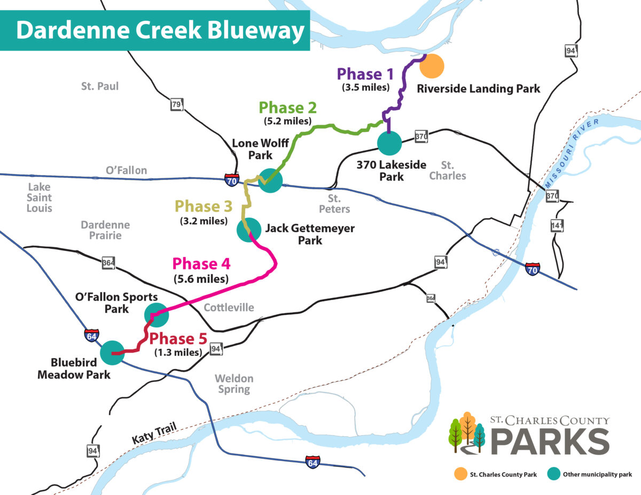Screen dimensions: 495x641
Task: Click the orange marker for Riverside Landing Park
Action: point(432,66)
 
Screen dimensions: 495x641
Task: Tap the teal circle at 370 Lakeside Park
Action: point(389,143)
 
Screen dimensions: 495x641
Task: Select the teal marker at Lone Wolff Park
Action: point(270,180)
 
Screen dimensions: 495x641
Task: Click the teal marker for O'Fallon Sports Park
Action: point(157,315)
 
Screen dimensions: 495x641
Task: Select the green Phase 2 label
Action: point(288,107)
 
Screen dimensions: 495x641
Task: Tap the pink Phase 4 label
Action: point(201,264)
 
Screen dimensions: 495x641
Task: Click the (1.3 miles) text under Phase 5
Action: point(178,352)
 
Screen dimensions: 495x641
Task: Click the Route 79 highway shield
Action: point(176,105)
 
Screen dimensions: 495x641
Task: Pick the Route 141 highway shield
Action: point(557,226)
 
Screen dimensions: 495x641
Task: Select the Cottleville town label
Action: point(229,308)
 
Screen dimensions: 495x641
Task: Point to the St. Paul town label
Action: point(100,86)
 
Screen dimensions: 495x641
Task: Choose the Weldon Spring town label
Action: point(234,383)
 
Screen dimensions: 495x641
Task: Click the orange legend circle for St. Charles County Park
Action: point(459,473)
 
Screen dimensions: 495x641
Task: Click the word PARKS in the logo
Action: point(550,441)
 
